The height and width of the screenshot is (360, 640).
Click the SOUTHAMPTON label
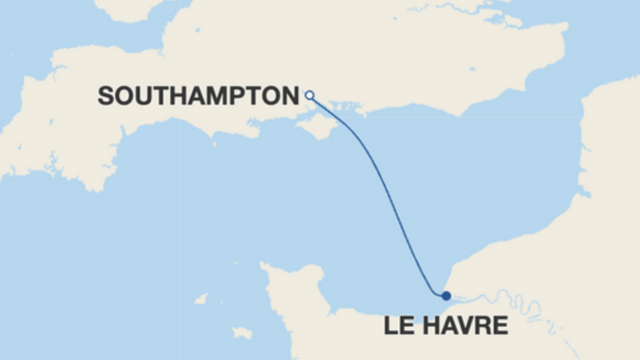[199, 96]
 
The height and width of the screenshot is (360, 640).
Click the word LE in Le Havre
[396, 325]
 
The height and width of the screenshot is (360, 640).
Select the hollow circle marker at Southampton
[310, 95]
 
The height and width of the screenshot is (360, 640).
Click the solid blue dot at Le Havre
[446, 296]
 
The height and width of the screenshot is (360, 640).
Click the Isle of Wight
[317, 125]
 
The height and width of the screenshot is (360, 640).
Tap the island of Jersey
[242, 333]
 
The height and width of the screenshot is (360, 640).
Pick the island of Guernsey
[201, 299]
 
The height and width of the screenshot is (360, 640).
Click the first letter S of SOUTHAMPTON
[105, 96]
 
